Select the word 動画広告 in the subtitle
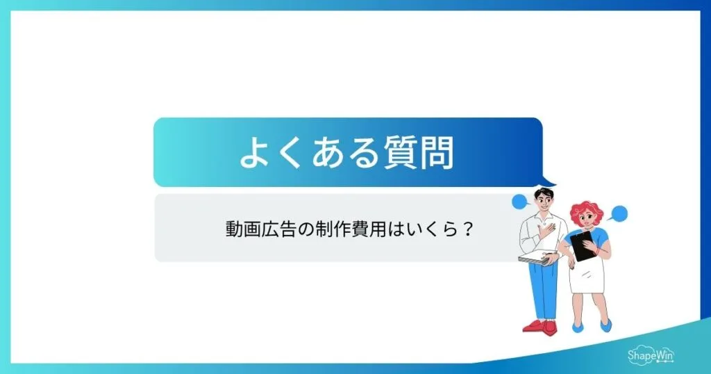(252, 228)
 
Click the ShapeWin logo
(651, 354)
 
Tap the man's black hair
(544, 192)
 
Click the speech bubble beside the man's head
(520, 202)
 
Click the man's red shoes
(539, 325)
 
